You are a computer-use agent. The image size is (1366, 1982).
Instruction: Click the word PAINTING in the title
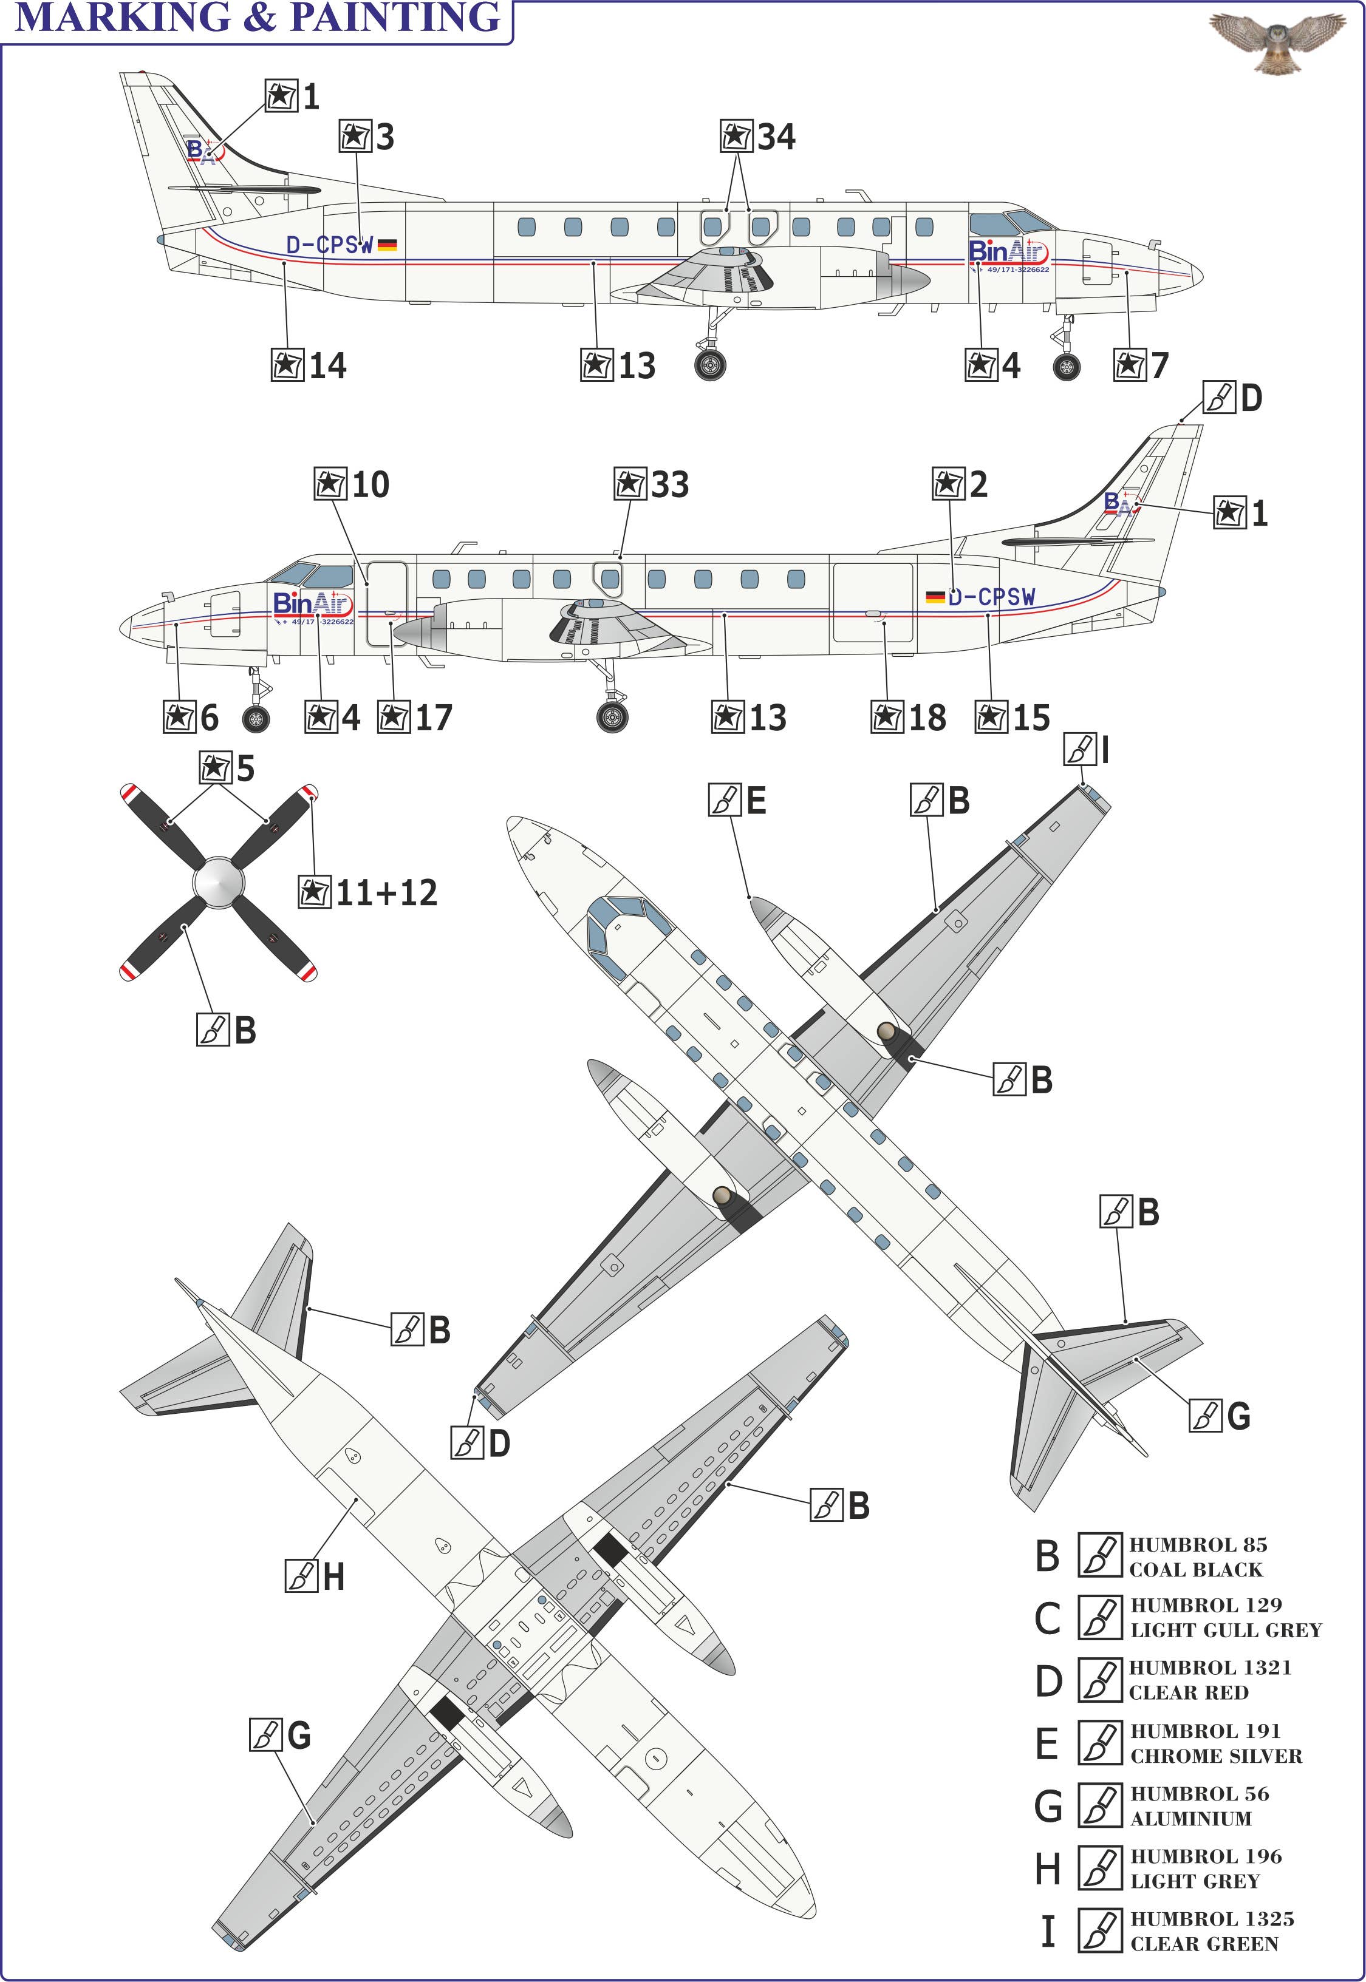click(395, 17)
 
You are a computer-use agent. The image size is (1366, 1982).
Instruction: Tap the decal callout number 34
click(776, 137)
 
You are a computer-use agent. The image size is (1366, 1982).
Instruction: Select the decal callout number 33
click(669, 485)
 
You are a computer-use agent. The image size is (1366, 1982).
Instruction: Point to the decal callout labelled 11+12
click(386, 893)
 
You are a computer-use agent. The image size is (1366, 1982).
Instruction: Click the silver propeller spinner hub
click(217, 882)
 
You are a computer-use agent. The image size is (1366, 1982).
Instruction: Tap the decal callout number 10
click(370, 485)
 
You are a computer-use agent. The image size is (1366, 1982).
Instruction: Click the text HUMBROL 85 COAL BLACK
click(1197, 1557)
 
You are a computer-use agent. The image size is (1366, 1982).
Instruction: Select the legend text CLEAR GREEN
click(1203, 1944)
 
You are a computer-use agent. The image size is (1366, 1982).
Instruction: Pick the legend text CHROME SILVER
click(1215, 1756)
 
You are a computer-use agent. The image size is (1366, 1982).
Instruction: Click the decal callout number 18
click(927, 718)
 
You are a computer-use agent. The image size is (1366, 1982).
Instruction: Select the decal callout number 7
click(1159, 366)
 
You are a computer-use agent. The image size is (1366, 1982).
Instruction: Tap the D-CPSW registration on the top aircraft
click(330, 245)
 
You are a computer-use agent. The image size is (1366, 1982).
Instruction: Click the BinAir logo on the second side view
click(312, 605)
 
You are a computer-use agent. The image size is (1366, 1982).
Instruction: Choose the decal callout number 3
click(384, 137)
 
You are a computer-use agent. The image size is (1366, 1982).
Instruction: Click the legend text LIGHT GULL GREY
click(1226, 1631)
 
